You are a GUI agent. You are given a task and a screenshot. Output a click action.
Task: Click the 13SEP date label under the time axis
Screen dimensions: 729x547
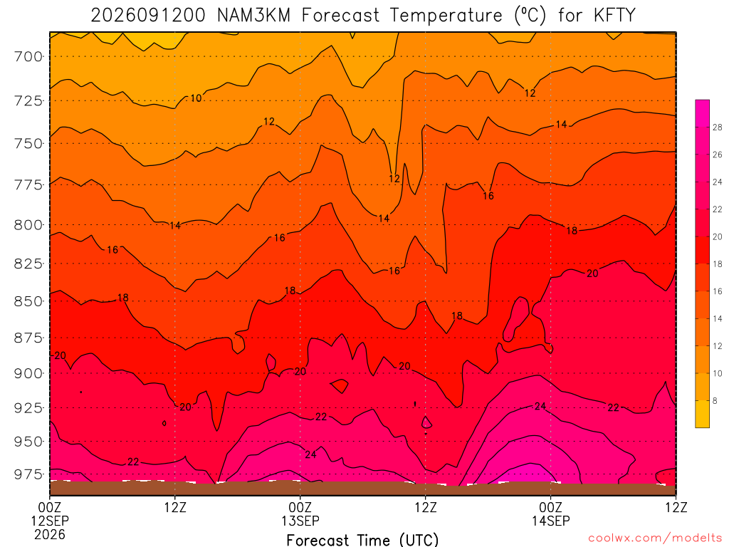coord(300,521)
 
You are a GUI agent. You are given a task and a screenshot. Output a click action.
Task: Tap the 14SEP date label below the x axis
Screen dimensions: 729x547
coord(551,521)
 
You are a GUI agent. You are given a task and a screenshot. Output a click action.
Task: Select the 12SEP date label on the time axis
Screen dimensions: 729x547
coord(50,521)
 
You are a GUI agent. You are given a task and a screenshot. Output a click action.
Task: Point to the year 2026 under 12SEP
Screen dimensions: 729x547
coord(50,534)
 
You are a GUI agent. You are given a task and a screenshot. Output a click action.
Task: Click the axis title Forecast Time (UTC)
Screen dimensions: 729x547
coord(362,540)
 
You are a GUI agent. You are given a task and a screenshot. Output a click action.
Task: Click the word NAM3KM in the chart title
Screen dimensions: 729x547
coord(254,16)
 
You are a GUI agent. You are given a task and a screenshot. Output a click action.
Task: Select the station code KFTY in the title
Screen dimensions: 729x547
coord(614,16)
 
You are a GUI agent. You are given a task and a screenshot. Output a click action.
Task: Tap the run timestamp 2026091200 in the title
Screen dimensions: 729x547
coord(148,16)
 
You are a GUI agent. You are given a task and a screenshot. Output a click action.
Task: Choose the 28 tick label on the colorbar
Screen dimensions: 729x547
coord(718,127)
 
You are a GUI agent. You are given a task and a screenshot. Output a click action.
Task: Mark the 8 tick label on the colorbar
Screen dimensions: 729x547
coord(715,400)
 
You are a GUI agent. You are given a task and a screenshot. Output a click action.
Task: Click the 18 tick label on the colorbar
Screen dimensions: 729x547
coord(718,264)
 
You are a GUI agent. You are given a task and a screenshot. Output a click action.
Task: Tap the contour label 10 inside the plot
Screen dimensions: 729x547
coord(196,98)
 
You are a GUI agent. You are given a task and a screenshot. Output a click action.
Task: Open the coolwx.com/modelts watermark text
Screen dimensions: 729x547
coord(655,538)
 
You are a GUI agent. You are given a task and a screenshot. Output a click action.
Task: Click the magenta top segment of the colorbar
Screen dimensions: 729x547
coord(703,113)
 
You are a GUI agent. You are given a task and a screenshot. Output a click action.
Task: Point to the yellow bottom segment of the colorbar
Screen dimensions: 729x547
coord(703,414)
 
